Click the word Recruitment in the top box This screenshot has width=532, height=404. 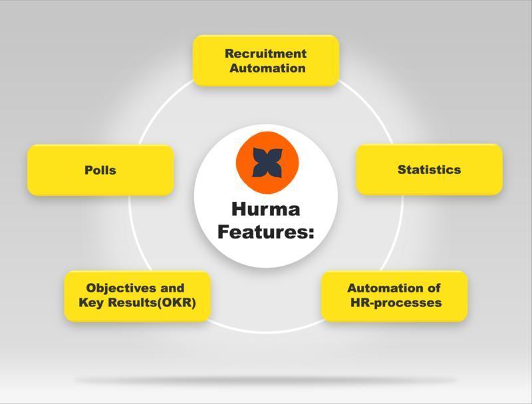(265, 54)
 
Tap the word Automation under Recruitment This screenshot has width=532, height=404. (267, 68)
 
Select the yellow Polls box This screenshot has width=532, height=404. (100, 170)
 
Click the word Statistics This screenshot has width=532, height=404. (429, 169)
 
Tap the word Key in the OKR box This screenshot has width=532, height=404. (91, 302)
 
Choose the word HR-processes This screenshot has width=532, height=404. (396, 302)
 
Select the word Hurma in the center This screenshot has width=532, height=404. (265, 209)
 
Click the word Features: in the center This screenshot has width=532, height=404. (265, 232)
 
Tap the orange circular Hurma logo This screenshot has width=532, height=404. (267, 163)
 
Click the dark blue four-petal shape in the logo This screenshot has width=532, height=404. (267, 163)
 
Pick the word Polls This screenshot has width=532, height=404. (100, 170)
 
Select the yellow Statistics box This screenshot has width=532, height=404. (429, 169)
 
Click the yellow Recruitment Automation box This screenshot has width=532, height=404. (266, 60)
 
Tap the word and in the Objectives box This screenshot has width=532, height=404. (172, 288)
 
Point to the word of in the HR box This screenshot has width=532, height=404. (434, 288)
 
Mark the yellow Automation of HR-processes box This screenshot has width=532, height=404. (394, 296)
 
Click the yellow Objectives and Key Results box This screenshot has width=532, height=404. (138, 296)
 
